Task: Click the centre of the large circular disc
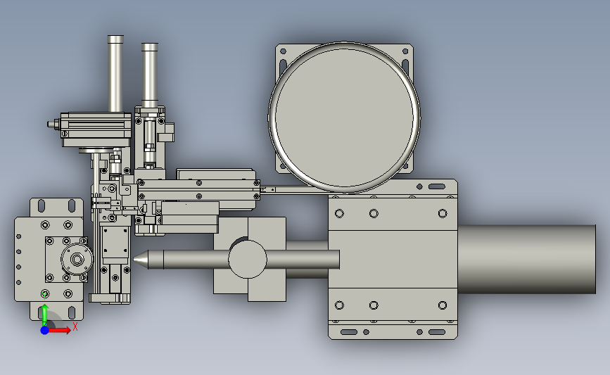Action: point(344,117)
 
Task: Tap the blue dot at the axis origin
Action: point(45,330)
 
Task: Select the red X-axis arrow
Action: point(58,330)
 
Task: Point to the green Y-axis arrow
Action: point(45,314)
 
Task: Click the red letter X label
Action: point(75,326)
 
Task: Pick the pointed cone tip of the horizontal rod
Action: point(134,259)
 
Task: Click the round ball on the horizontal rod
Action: point(248,259)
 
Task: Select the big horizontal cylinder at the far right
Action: point(526,259)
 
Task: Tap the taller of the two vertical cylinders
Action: point(115,74)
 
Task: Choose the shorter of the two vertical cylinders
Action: point(150,75)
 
